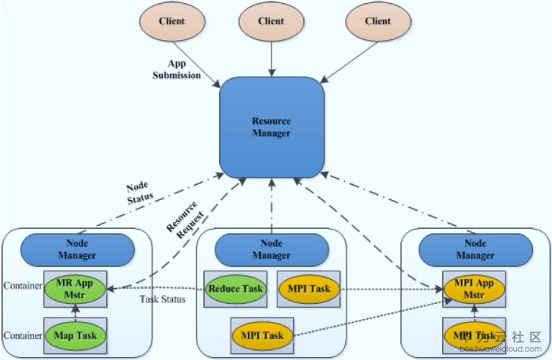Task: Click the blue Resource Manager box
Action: tap(271, 127)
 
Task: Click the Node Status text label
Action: tap(139, 191)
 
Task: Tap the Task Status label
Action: tap(162, 299)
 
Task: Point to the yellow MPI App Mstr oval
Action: tap(475, 289)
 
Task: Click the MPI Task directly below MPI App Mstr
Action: tap(475, 334)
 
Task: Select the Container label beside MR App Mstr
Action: tap(20, 289)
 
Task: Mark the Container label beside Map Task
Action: tap(20, 334)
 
